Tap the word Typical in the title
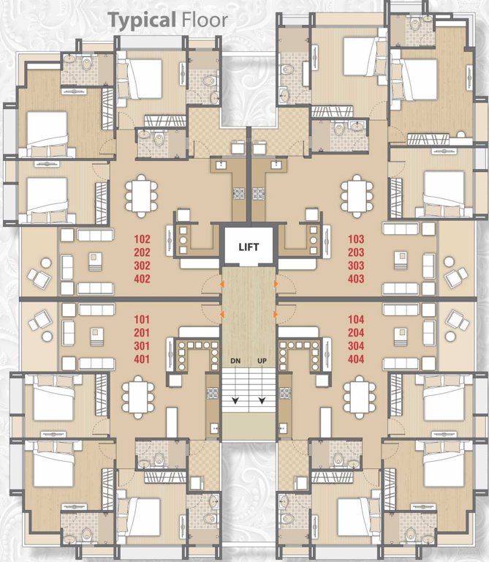(x=141, y=19)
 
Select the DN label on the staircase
(x=235, y=361)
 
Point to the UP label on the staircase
(x=261, y=361)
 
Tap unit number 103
(x=356, y=239)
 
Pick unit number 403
(x=356, y=279)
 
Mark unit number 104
(x=356, y=320)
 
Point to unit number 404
(x=356, y=359)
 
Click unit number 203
(x=356, y=252)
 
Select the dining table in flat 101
(x=137, y=396)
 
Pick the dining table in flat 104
(x=356, y=396)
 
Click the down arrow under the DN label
(x=235, y=400)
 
